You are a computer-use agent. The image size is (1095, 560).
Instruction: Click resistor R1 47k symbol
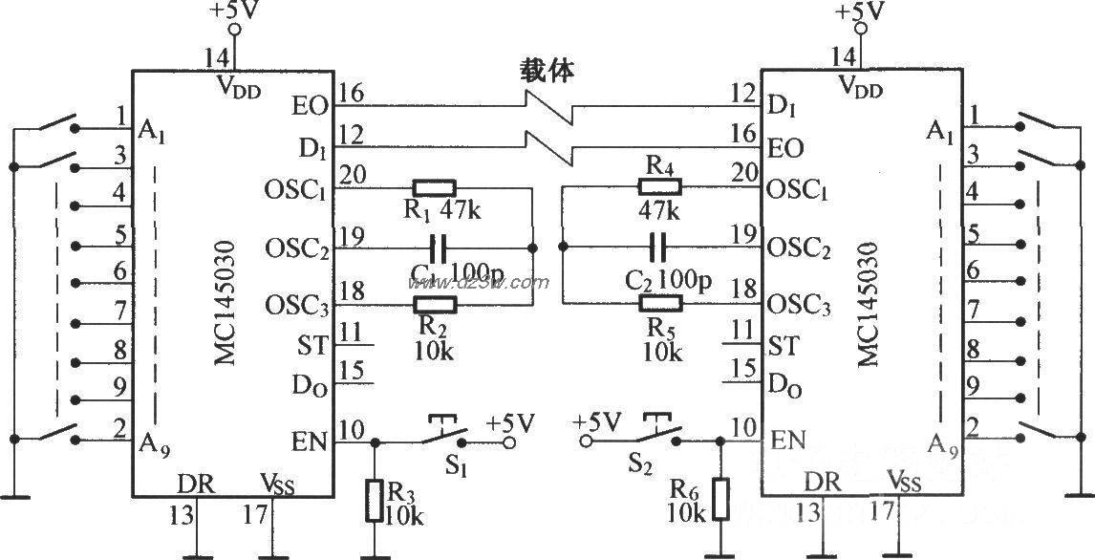435,187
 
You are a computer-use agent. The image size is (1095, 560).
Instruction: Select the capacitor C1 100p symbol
439,248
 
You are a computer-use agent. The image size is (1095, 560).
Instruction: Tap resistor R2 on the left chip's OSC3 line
435,305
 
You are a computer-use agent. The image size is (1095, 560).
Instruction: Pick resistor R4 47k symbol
660,187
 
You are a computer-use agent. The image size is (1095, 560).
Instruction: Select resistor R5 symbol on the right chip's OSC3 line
660,305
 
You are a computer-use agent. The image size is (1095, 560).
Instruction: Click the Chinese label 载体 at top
547,72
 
